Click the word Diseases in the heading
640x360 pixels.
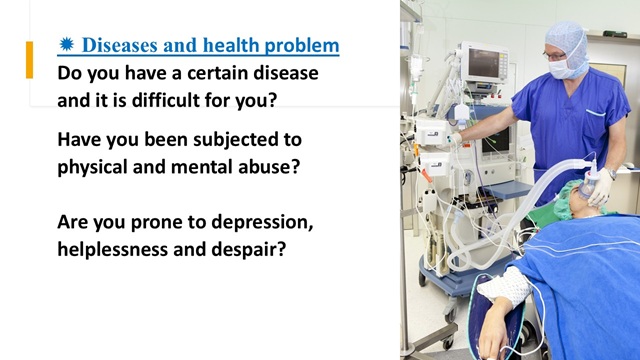[x=120, y=45]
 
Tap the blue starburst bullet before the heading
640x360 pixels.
[x=66, y=44]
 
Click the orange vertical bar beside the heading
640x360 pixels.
[x=29, y=60]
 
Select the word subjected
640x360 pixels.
[x=230, y=140]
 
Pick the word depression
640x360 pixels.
[x=262, y=223]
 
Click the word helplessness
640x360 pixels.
[x=113, y=249]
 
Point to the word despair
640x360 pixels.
[x=249, y=250]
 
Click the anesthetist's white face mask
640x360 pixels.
[x=561, y=68]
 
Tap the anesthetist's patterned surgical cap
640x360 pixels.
[x=567, y=41]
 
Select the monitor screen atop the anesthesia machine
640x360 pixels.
[x=484, y=62]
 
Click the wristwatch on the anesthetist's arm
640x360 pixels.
[x=611, y=173]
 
